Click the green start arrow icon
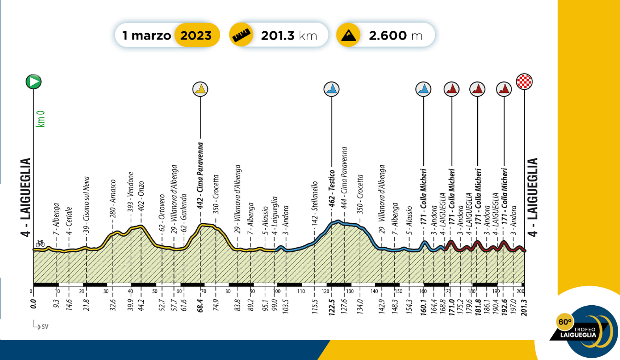[x=33, y=82]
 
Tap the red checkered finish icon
[x=524, y=81]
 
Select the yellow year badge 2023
[x=196, y=35]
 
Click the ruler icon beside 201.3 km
[x=241, y=35]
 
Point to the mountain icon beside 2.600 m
[x=348, y=35]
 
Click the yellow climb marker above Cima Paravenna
[x=200, y=89]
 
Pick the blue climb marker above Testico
[x=332, y=89]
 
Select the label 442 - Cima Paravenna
[x=200, y=175]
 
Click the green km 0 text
[x=41, y=117]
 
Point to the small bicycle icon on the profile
[x=41, y=243]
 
